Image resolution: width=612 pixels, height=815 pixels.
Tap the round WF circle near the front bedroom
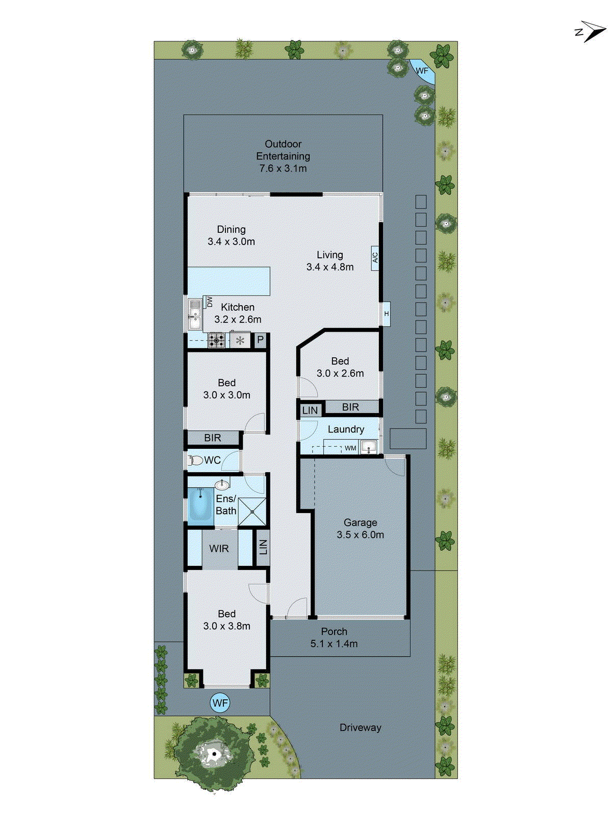click(220, 703)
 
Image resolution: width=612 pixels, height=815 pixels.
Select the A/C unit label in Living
click(375, 257)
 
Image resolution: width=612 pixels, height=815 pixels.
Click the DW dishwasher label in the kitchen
click(209, 302)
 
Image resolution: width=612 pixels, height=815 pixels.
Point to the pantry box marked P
click(260, 340)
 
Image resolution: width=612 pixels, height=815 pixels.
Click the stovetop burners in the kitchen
click(217, 340)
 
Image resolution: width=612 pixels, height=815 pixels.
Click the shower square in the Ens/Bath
click(252, 511)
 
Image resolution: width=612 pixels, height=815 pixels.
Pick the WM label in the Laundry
click(350, 448)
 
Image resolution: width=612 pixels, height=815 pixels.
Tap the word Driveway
click(360, 728)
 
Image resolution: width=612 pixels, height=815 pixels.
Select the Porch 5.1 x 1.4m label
click(334, 637)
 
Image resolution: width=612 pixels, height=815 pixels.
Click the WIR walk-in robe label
click(219, 549)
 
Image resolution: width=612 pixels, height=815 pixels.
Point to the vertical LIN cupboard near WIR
click(263, 548)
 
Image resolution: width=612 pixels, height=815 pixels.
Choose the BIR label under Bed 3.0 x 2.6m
click(350, 407)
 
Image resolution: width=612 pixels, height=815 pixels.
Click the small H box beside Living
click(387, 314)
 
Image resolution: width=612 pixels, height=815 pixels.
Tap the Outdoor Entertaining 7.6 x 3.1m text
click(283, 156)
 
